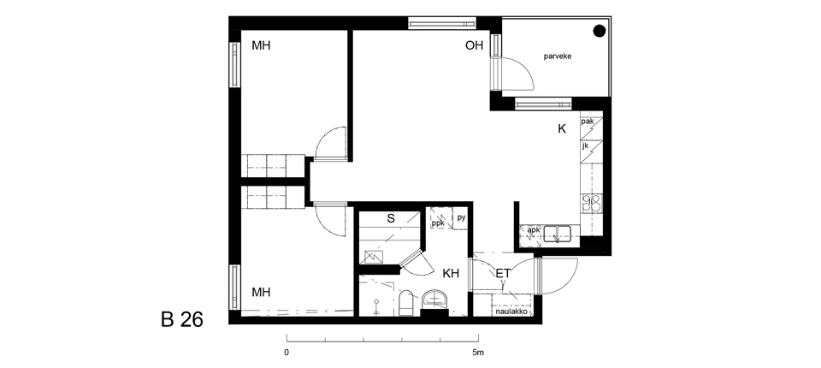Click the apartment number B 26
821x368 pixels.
(x=181, y=319)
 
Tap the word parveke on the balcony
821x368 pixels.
(x=557, y=56)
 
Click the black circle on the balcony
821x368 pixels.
(x=599, y=31)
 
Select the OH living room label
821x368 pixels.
(x=474, y=45)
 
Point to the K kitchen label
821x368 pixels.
(x=562, y=129)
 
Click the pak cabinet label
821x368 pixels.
(x=588, y=122)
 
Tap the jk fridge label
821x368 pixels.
(x=586, y=146)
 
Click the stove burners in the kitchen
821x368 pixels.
(x=591, y=202)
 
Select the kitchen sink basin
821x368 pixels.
(x=557, y=232)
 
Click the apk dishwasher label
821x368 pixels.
(x=533, y=230)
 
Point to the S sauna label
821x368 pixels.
(x=391, y=218)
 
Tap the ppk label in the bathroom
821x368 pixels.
(x=438, y=223)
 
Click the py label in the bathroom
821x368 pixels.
(x=461, y=218)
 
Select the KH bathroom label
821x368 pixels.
(x=451, y=273)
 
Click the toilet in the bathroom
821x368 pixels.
(x=406, y=304)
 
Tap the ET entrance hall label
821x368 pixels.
(x=503, y=273)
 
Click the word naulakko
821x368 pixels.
(x=511, y=312)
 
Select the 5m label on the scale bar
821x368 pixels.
(x=478, y=353)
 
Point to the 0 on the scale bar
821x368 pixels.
(x=286, y=353)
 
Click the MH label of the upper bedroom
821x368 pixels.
(x=262, y=45)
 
